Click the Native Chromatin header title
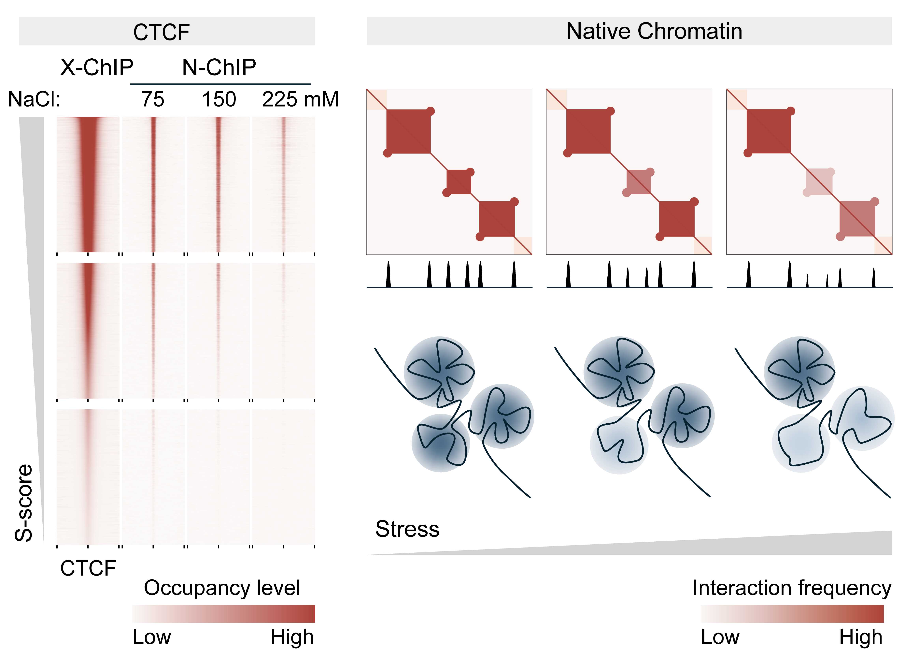tap(654, 31)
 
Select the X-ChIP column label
tap(96, 67)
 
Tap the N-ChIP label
tap(219, 67)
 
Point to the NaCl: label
tap(34, 99)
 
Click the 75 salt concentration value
tap(153, 99)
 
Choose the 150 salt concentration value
tap(219, 99)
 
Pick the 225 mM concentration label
tap(300, 99)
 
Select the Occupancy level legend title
tap(222, 588)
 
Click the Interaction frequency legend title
tap(792, 588)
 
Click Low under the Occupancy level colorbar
tap(151, 637)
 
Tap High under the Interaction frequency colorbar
tap(861, 637)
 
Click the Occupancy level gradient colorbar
tap(224, 614)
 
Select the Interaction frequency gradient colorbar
tap(792, 614)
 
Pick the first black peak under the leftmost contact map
tap(388, 275)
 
